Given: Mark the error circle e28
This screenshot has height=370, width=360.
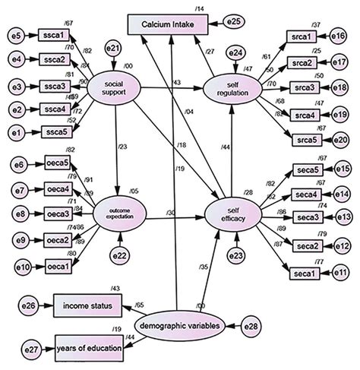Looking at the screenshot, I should coord(253,327).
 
